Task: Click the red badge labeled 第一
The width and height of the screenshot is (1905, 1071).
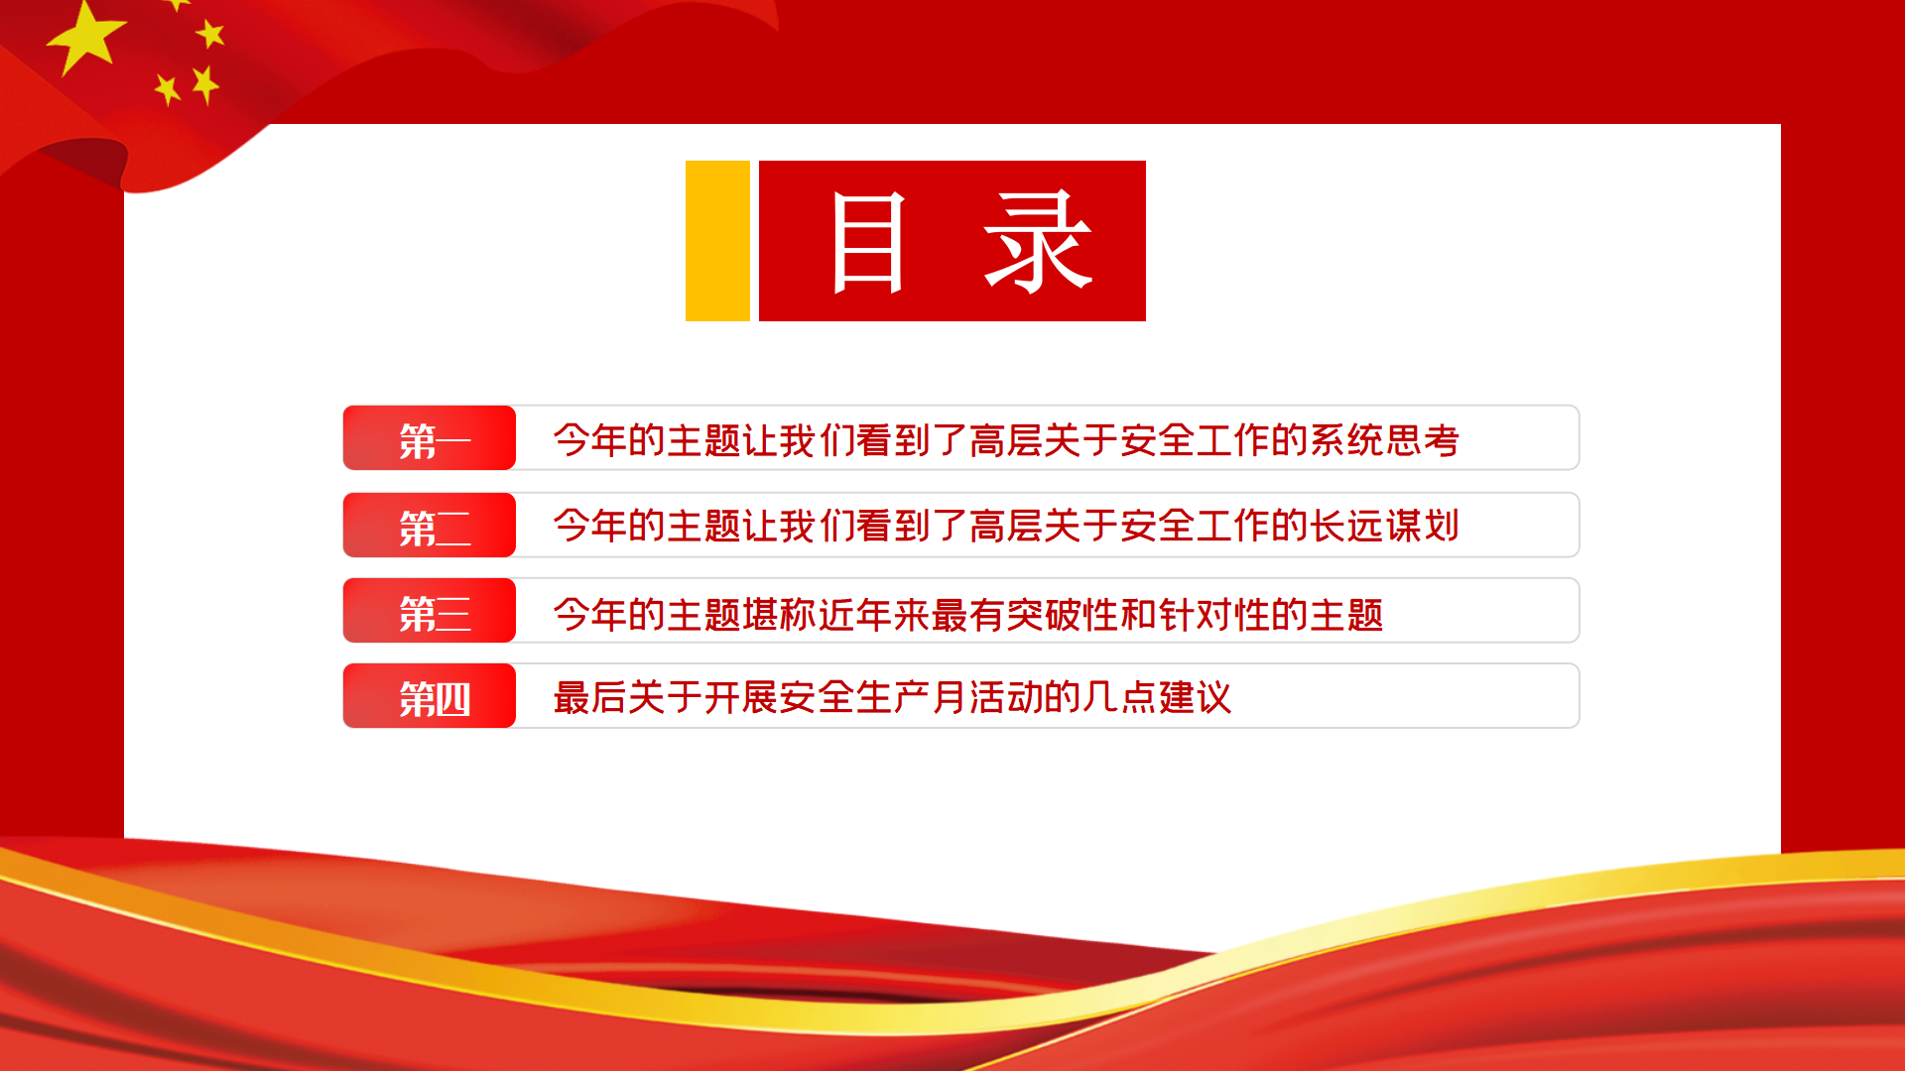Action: point(430,437)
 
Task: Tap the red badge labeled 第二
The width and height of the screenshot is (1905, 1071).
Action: point(430,525)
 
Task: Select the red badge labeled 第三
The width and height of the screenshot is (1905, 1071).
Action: point(430,610)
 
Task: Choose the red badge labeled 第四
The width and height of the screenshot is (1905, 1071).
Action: point(430,695)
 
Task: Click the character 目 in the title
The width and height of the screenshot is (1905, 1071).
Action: point(868,243)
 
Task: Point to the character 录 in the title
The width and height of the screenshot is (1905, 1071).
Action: point(1038,243)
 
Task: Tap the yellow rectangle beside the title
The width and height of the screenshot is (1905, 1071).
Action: point(717,241)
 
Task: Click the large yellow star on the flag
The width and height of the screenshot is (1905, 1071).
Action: point(85,38)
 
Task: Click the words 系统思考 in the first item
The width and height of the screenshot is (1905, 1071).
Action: point(1384,440)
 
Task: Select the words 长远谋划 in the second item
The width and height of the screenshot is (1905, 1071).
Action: point(1384,526)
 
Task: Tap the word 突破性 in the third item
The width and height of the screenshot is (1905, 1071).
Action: point(1063,615)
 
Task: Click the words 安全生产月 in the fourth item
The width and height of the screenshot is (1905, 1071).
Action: point(873,697)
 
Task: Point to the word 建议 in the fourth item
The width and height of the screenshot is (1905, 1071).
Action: point(1196,697)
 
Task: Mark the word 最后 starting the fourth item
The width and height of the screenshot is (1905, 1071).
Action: point(590,697)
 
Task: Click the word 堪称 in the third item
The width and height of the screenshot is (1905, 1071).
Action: point(779,615)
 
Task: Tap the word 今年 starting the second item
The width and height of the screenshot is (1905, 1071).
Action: point(590,526)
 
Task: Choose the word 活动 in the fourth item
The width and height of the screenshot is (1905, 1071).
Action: point(1006,697)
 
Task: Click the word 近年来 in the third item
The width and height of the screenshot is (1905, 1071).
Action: point(873,615)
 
